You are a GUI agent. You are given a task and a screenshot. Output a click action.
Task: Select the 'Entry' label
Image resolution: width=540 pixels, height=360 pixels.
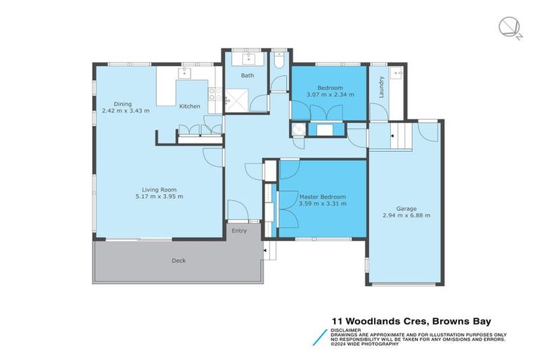point(240,231)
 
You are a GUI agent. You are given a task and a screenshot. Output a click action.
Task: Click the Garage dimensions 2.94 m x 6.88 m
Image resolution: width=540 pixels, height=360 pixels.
point(406,215)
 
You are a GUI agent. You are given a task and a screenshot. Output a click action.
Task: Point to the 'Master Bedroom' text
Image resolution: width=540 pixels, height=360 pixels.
point(322,196)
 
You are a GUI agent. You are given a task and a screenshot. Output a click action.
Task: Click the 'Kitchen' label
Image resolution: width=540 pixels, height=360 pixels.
point(190,106)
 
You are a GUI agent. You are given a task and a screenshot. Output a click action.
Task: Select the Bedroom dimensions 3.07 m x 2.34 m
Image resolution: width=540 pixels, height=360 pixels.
point(330,94)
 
